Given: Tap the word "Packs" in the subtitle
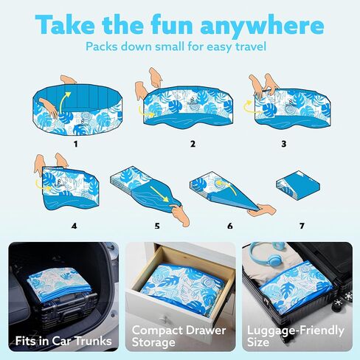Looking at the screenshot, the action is coord(102,46).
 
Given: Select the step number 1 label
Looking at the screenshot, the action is coord(76,144).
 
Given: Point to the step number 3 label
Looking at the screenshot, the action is coord(284,144).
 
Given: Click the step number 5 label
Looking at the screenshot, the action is coord(157,226).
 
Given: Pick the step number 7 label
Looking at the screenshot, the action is coord(302,226).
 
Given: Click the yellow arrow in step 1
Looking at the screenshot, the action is coord(63,103).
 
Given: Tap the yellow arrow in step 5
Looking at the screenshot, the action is coord(160,193).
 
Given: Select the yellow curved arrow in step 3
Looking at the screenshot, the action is coord(248,107).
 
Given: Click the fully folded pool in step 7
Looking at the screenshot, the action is coord(298,185).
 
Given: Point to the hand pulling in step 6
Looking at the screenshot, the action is coord(262,210).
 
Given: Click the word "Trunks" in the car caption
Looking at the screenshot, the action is coord(93,341).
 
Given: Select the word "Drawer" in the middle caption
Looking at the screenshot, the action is coord(205,330).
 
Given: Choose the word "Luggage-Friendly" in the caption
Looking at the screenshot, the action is coord(296,331).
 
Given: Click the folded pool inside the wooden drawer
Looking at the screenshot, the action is coord(183,287).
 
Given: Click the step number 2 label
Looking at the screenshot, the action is coord(193,144).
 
